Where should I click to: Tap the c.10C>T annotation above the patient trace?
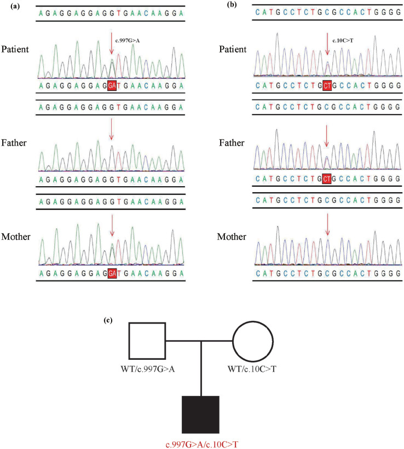point(343,39)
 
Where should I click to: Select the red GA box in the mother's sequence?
point(112,273)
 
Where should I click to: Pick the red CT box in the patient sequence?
point(327,86)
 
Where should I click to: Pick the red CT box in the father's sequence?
point(327,179)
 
